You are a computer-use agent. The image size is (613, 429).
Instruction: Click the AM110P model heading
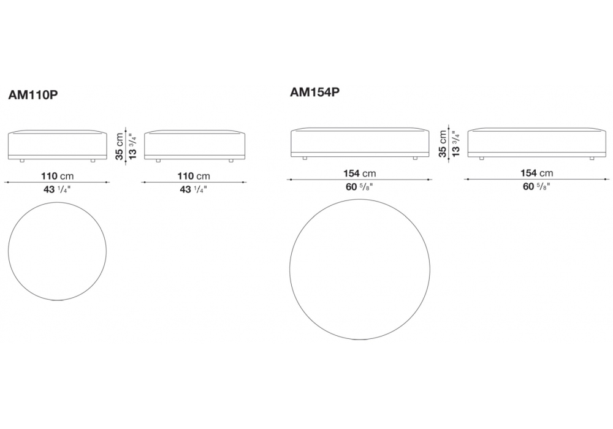(x=33, y=95)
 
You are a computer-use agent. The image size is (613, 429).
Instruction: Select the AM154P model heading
(x=314, y=92)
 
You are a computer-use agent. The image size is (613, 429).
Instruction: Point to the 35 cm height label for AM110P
(x=120, y=146)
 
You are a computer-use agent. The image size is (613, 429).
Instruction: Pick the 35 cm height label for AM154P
(x=443, y=144)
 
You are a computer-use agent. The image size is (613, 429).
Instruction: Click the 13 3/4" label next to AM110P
(x=133, y=146)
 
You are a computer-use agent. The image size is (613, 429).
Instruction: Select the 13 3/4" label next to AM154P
(x=456, y=144)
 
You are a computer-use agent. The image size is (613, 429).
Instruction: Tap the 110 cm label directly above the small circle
(x=57, y=177)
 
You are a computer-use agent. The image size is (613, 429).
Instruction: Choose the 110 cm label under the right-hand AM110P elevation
(x=194, y=177)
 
